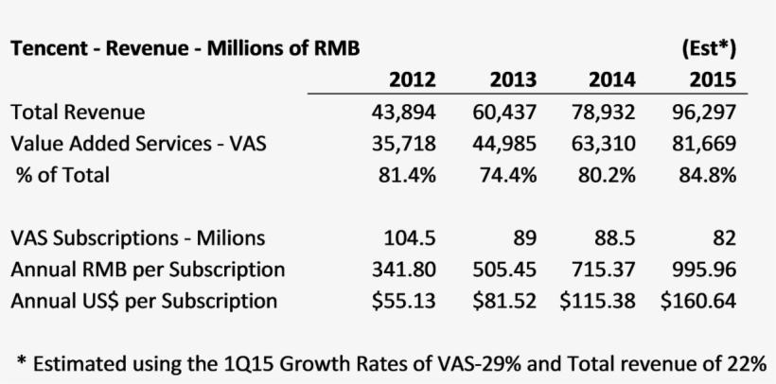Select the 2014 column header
pos(612,79)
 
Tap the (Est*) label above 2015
pos(708,47)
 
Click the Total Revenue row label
pos(78,112)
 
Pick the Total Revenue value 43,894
pos(404,112)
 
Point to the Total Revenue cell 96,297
pos(703,112)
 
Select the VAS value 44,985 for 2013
pos(504,143)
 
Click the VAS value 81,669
pos(703,143)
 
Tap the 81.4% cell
pos(409,174)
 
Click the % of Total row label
pos(62,174)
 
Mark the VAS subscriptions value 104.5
pos(410,237)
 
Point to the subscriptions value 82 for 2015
pos(724,237)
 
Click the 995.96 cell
pos(705,270)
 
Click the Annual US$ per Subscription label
pos(144,301)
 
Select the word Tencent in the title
pos(48,48)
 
